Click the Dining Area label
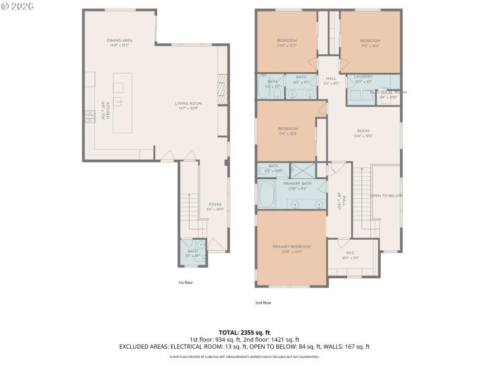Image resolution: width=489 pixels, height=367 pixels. coord(120,43)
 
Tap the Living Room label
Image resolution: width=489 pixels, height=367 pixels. coord(188,106)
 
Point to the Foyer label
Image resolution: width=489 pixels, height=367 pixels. coord(216,207)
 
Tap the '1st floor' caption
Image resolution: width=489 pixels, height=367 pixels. coord(185,283)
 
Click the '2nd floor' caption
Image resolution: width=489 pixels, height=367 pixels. coord(263,302)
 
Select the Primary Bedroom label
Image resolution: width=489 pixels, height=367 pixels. coord(291,248)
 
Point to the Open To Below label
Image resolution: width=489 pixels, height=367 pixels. coord(386,196)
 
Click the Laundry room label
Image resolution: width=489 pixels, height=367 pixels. coord(363,79)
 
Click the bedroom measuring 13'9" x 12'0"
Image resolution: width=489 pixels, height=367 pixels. coord(287,131)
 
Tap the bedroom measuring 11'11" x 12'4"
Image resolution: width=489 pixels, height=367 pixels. coord(370,43)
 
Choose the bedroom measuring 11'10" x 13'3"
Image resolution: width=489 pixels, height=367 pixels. coord(286,43)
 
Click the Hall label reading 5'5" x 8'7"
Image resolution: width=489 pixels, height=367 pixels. coord(331,81)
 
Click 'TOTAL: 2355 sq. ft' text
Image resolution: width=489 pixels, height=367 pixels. coord(244,332)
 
